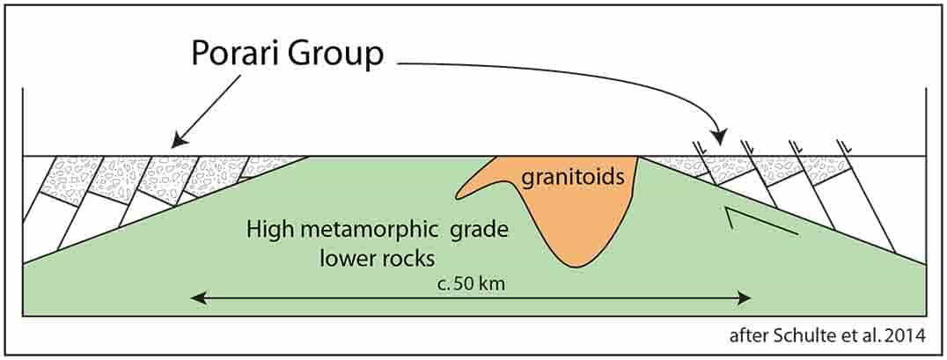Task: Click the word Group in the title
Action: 334,57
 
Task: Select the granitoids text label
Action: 572,178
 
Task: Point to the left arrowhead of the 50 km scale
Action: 195,298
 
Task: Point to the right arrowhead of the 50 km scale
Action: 745,298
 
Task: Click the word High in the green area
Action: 268,230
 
